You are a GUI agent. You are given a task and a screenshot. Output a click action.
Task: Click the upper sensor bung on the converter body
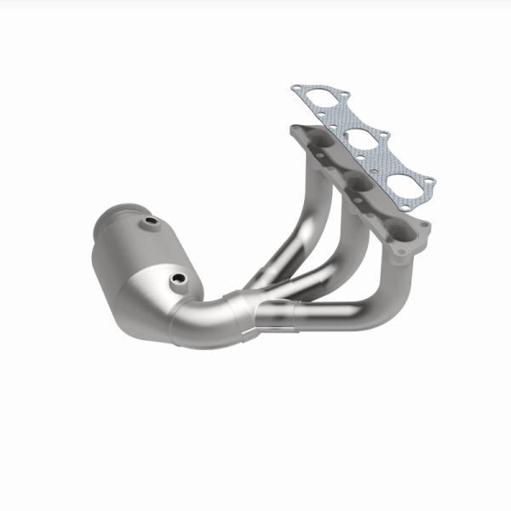(151, 223)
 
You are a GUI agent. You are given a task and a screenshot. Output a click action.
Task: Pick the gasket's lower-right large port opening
(399, 171)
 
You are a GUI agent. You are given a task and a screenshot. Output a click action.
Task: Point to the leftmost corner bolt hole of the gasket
(296, 88)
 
